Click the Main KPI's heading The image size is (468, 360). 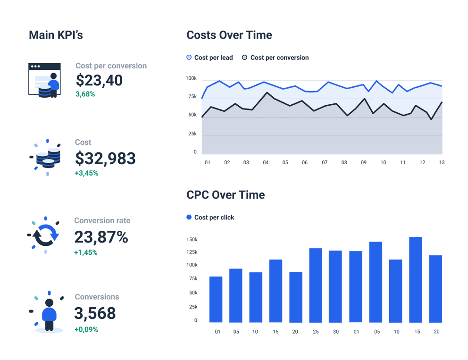56,35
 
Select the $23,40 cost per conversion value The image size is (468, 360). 99,80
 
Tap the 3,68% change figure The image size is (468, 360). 85,94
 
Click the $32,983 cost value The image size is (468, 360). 105,159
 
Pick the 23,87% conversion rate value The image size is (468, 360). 101,237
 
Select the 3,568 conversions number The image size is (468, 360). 95,313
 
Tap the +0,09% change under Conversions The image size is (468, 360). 86,329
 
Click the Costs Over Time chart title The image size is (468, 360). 229,35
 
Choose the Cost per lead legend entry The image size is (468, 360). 210,58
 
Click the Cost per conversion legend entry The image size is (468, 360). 276,58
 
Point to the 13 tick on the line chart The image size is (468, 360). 442,162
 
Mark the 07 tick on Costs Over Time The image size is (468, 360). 325,162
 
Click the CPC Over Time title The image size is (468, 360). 226,195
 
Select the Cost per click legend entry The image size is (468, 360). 210,218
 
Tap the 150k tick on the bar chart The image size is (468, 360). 192,240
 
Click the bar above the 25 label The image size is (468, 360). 316,285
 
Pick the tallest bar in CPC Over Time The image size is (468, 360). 415,279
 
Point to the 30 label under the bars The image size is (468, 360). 335,332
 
